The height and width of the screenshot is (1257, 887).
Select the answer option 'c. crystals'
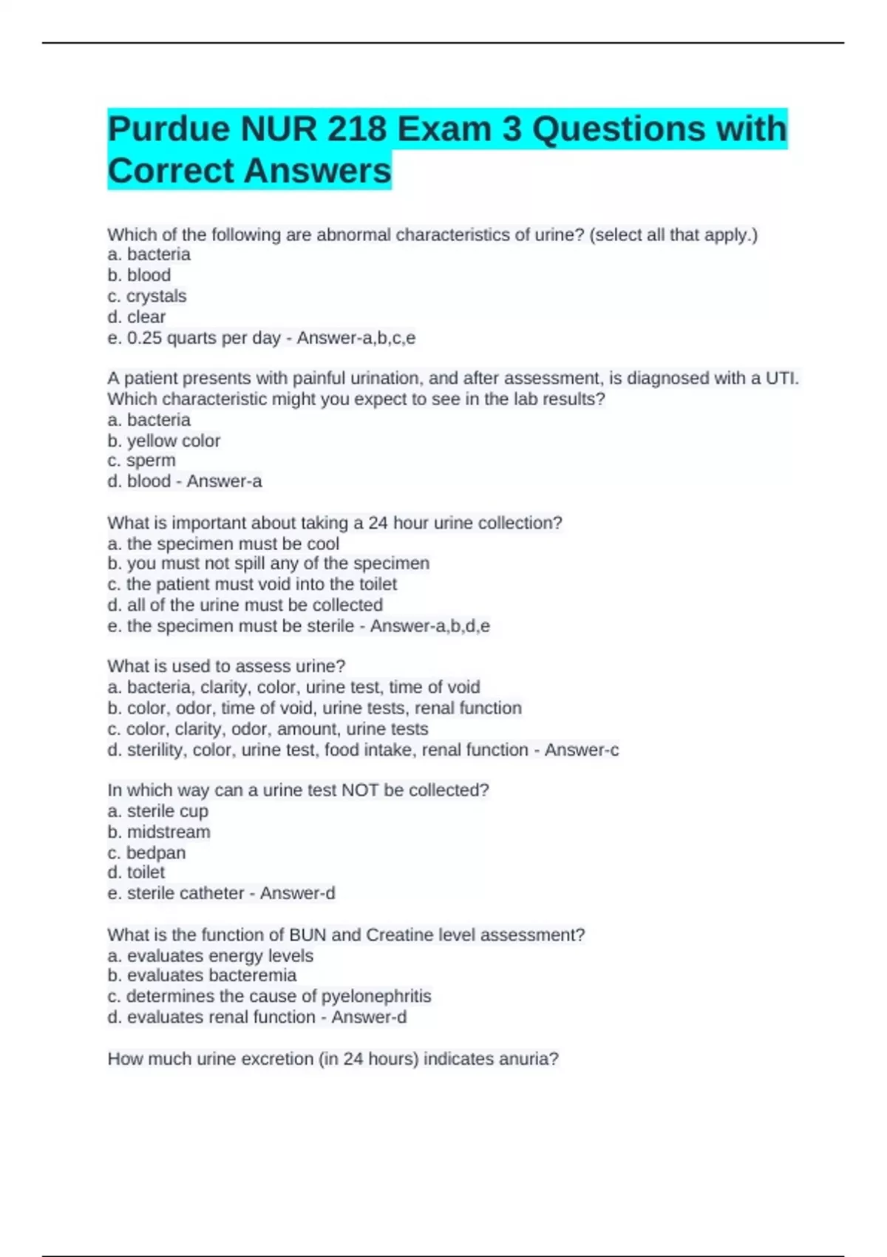click(147, 297)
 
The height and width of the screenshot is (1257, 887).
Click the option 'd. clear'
click(137, 317)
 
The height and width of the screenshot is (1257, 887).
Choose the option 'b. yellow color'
click(164, 441)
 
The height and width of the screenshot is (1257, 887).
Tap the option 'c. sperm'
click(142, 461)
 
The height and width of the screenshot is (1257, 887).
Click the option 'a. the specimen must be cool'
click(223, 544)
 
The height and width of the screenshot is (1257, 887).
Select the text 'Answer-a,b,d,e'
click(430, 626)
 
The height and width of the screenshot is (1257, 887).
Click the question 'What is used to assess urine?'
click(226, 666)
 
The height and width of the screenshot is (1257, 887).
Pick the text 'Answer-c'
click(582, 751)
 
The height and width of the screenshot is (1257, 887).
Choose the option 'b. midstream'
click(159, 832)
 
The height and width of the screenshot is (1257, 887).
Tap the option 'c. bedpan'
click(146, 853)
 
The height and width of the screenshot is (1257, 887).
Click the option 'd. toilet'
click(137, 873)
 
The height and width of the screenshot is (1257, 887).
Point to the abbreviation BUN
click(307, 935)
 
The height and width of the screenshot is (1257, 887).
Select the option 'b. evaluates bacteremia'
click(202, 976)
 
